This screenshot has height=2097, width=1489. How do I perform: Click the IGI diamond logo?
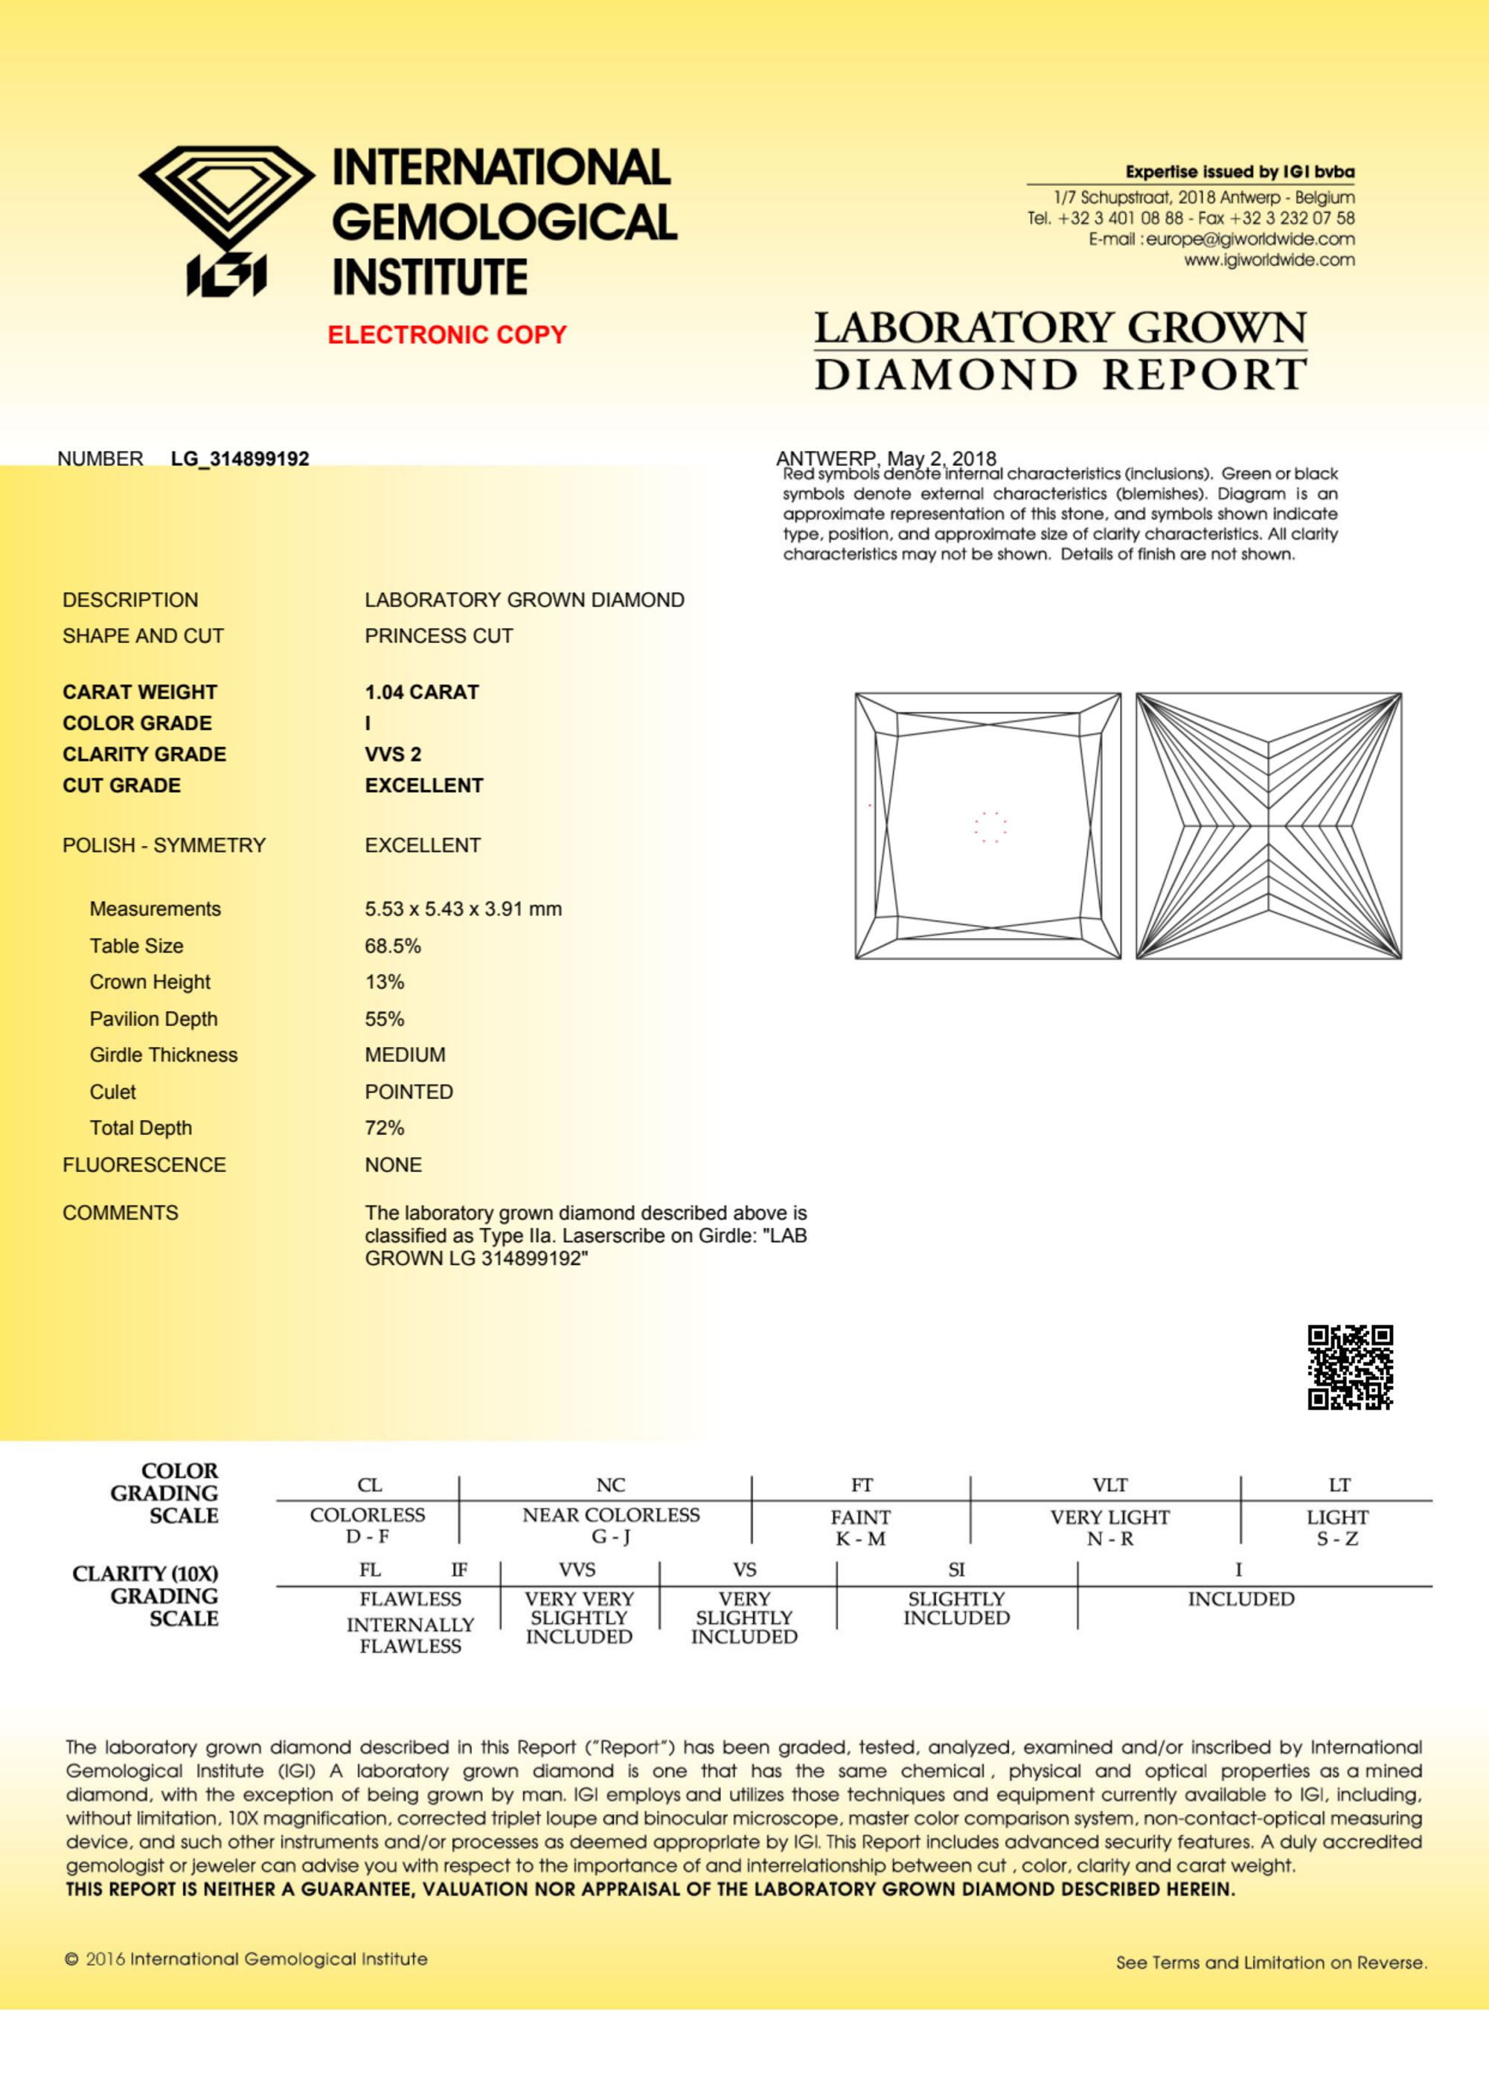click(226, 220)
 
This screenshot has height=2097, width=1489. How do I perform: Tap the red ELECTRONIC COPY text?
click(446, 335)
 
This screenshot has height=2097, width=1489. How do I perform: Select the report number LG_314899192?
click(240, 458)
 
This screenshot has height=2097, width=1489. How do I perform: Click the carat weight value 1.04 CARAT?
click(422, 692)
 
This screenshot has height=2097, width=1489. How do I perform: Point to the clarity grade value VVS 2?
click(392, 755)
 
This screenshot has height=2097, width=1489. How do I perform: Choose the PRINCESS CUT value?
click(438, 635)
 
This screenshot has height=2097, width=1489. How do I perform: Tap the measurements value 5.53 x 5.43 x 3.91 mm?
click(463, 909)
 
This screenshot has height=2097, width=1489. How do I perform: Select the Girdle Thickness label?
click(163, 1054)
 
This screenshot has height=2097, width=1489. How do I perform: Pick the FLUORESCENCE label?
click(144, 1165)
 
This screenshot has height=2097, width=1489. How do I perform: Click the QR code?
click(1350, 1366)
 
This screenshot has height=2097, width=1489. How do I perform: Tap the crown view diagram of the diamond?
click(987, 825)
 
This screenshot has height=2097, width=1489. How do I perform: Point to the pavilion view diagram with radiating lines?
click(1268, 825)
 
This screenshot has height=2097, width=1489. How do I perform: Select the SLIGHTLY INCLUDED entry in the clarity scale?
click(956, 1608)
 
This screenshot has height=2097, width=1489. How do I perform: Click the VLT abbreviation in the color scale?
click(1109, 1485)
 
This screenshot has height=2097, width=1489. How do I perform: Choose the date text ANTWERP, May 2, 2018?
click(886, 458)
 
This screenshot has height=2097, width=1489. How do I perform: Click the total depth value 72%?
click(384, 1128)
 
